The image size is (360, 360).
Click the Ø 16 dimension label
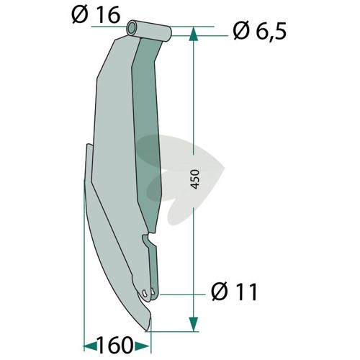96,16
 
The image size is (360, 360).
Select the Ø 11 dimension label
235,292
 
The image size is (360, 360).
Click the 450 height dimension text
196,179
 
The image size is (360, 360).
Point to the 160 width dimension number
114,345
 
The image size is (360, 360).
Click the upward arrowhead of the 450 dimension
194,34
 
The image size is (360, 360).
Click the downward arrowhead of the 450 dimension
194,324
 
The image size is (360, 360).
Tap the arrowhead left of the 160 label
90,346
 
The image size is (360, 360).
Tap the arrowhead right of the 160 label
143,346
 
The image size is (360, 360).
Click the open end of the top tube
132,28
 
